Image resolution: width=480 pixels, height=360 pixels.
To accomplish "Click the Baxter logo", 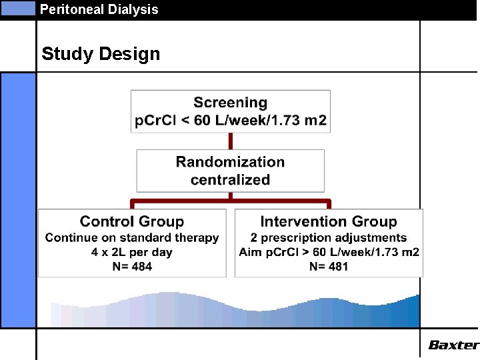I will [453, 345].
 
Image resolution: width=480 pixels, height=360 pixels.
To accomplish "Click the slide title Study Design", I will [101, 54].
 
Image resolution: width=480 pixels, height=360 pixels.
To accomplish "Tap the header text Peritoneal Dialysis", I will [99, 9].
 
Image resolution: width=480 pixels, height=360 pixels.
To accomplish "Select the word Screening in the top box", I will [230, 103].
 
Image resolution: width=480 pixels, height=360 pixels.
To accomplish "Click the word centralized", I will [230, 179].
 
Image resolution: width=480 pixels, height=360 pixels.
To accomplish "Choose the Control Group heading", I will [132, 221].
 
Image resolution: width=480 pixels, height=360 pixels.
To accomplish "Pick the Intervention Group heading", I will [329, 221].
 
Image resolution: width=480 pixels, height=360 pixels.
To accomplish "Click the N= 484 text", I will [132, 267].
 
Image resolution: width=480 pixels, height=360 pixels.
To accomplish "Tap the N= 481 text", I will [329, 267].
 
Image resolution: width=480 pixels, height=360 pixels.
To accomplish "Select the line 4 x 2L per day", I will [132, 252].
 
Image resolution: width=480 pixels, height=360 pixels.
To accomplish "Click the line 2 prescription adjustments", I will [329, 237].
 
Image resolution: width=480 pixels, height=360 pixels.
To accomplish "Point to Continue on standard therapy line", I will [132, 237].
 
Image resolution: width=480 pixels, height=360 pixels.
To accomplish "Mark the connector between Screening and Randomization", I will [231, 141].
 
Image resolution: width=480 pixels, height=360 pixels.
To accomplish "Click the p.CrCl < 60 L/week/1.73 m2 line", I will [231, 121].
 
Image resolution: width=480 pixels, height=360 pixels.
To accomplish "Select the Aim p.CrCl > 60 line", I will [329, 252].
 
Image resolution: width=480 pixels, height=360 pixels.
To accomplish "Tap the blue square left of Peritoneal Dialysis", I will [19, 9].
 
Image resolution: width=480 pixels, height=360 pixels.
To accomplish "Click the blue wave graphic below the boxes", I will [233, 311].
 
